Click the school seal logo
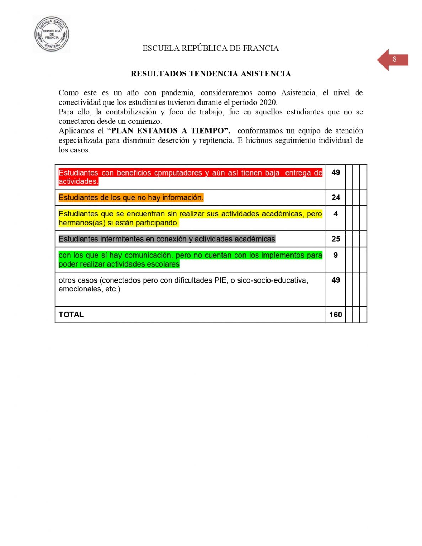point(52,34)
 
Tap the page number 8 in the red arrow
point(394,59)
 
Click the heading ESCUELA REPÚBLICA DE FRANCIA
point(210,48)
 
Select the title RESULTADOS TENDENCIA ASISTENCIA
point(211,74)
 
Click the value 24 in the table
point(336,198)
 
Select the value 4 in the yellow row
point(336,214)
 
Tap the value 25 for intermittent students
point(336,239)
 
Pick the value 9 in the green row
point(336,255)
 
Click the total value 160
point(336,315)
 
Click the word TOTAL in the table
point(71,315)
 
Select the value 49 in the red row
point(336,173)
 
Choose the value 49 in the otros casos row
point(336,280)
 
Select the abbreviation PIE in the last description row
point(220,280)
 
